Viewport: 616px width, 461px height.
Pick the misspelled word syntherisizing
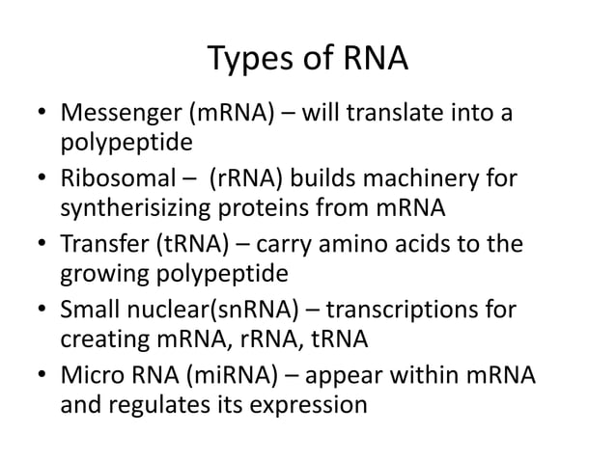161,209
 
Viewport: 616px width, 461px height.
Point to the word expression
314,405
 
